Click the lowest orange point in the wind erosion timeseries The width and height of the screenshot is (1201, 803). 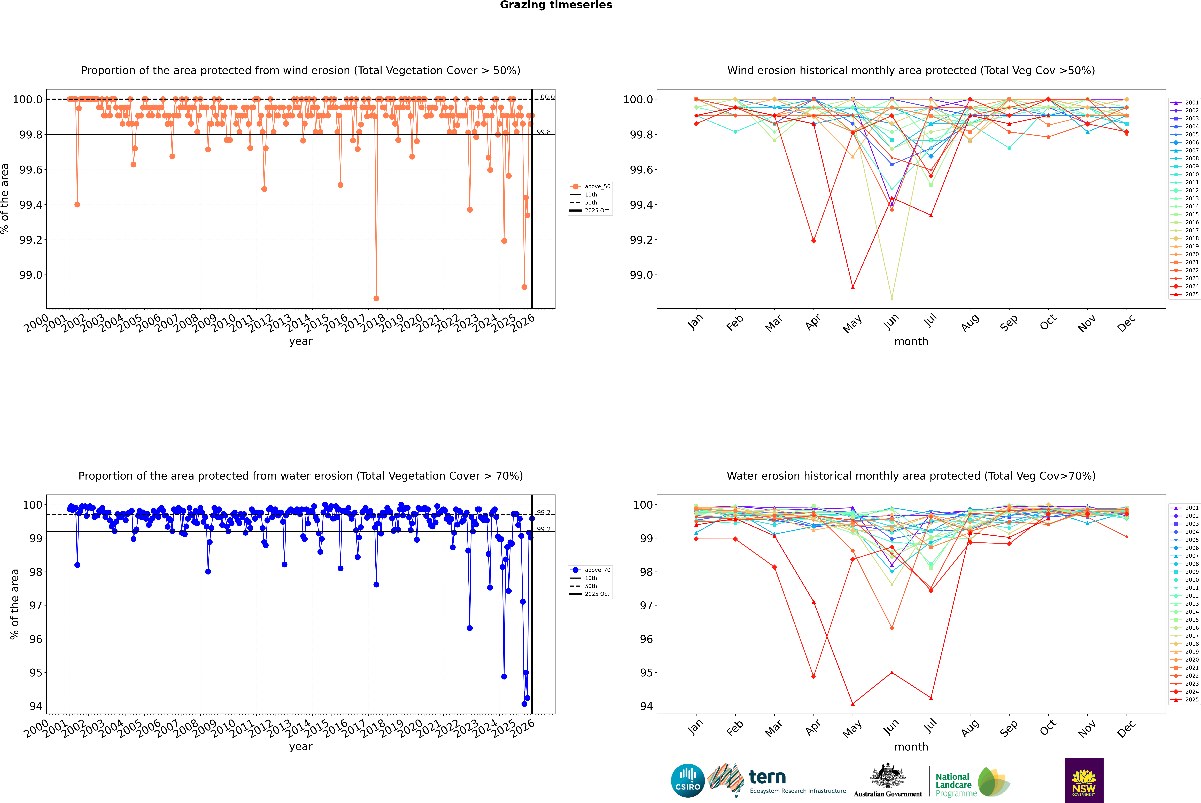point(376,298)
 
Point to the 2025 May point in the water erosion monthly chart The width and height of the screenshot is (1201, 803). point(852,704)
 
